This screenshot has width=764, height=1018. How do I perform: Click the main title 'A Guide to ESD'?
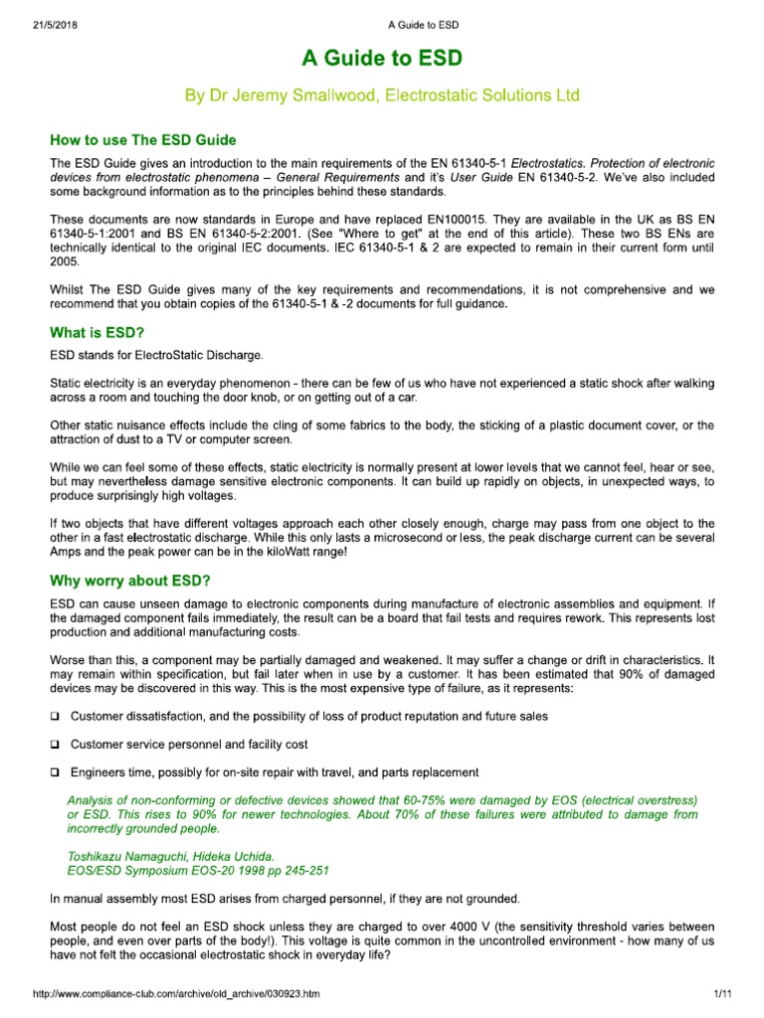(382, 58)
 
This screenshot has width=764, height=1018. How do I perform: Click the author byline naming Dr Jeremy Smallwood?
(382, 95)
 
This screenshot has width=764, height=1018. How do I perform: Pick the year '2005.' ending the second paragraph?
(68, 261)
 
